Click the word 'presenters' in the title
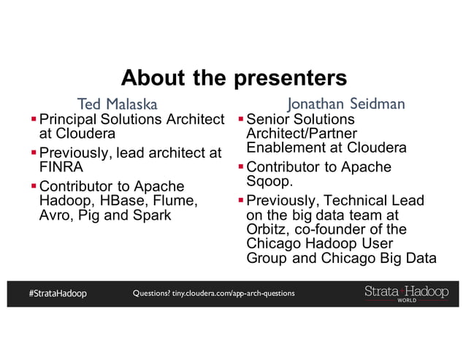[289, 77]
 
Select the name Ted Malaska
[118, 104]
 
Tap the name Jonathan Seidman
[346, 104]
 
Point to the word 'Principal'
[69, 118]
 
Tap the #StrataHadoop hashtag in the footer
[58, 294]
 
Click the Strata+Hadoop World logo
[406, 293]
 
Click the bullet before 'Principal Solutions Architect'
[34, 118]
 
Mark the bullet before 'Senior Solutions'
[241, 118]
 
